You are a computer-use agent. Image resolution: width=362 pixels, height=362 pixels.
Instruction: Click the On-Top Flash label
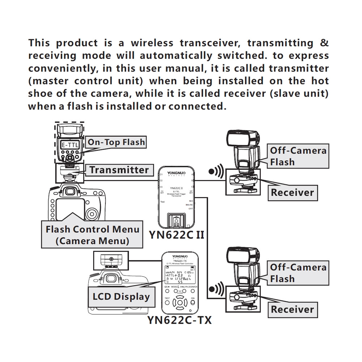tap(116, 142)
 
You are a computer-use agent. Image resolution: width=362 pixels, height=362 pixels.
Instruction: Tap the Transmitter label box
tap(119, 170)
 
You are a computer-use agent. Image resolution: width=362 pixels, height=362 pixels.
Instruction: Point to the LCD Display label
tap(121, 297)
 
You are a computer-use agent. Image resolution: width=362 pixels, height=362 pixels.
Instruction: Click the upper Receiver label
tap(292, 192)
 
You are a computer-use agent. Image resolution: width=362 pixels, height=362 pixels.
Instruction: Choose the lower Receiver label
tap(292, 309)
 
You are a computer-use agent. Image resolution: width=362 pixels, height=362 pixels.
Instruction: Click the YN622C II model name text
tap(177, 235)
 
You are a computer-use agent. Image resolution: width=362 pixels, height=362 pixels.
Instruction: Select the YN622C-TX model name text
tap(180, 320)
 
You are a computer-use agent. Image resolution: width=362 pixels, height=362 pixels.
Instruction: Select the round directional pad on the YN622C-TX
tap(180, 302)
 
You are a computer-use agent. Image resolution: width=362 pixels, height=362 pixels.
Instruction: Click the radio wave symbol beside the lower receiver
tap(216, 289)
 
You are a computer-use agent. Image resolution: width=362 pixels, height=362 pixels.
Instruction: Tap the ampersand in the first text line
tap(324, 43)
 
